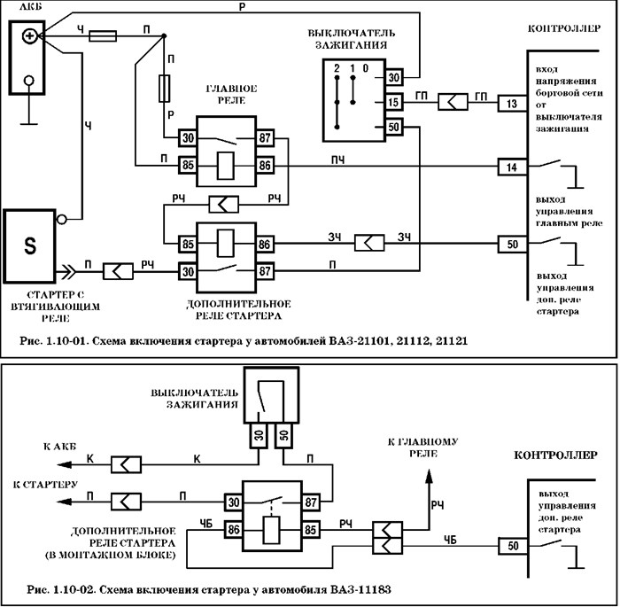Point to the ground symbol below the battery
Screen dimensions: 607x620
pyautogui.click(x=31, y=113)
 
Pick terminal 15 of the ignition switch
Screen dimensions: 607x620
pyautogui.click(x=395, y=103)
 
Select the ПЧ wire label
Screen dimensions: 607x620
pyautogui.click(x=337, y=159)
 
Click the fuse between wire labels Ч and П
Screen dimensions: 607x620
pyautogui.click(x=103, y=36)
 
